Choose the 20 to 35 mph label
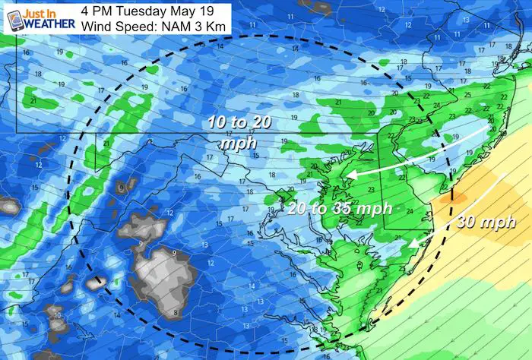[339, 208]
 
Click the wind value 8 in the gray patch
[177, 312]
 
